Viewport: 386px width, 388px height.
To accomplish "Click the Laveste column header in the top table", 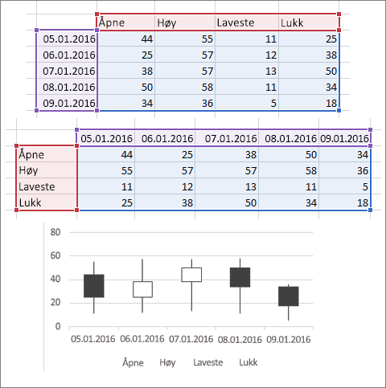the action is [236, 22].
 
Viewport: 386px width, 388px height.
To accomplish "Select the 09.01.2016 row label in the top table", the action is [69, 103].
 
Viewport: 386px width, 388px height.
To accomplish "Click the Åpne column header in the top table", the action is [112, 22].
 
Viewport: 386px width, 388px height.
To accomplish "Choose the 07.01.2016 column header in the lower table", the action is [231, 139].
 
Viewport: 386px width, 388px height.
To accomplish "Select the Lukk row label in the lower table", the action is [30, 202].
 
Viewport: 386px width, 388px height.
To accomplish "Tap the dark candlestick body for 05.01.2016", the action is [94, 286].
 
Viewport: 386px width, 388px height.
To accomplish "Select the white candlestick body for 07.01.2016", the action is [191, 275].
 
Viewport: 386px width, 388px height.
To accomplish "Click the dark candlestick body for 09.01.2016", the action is [289, 296].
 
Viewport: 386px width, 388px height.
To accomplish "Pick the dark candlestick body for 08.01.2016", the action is [240, 277].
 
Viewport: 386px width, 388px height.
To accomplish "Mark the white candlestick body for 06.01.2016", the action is [142, 289].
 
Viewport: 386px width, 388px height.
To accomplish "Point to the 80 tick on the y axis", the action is [55, 232].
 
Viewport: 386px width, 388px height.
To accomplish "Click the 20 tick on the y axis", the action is [55, 303].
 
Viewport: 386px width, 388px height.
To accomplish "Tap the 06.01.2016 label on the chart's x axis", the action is [142, 339].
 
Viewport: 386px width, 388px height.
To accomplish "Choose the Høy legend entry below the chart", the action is [167, 363].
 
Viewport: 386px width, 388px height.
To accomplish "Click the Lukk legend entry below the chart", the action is [248, 362].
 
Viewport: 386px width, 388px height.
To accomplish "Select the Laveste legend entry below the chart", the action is [208, 362].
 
